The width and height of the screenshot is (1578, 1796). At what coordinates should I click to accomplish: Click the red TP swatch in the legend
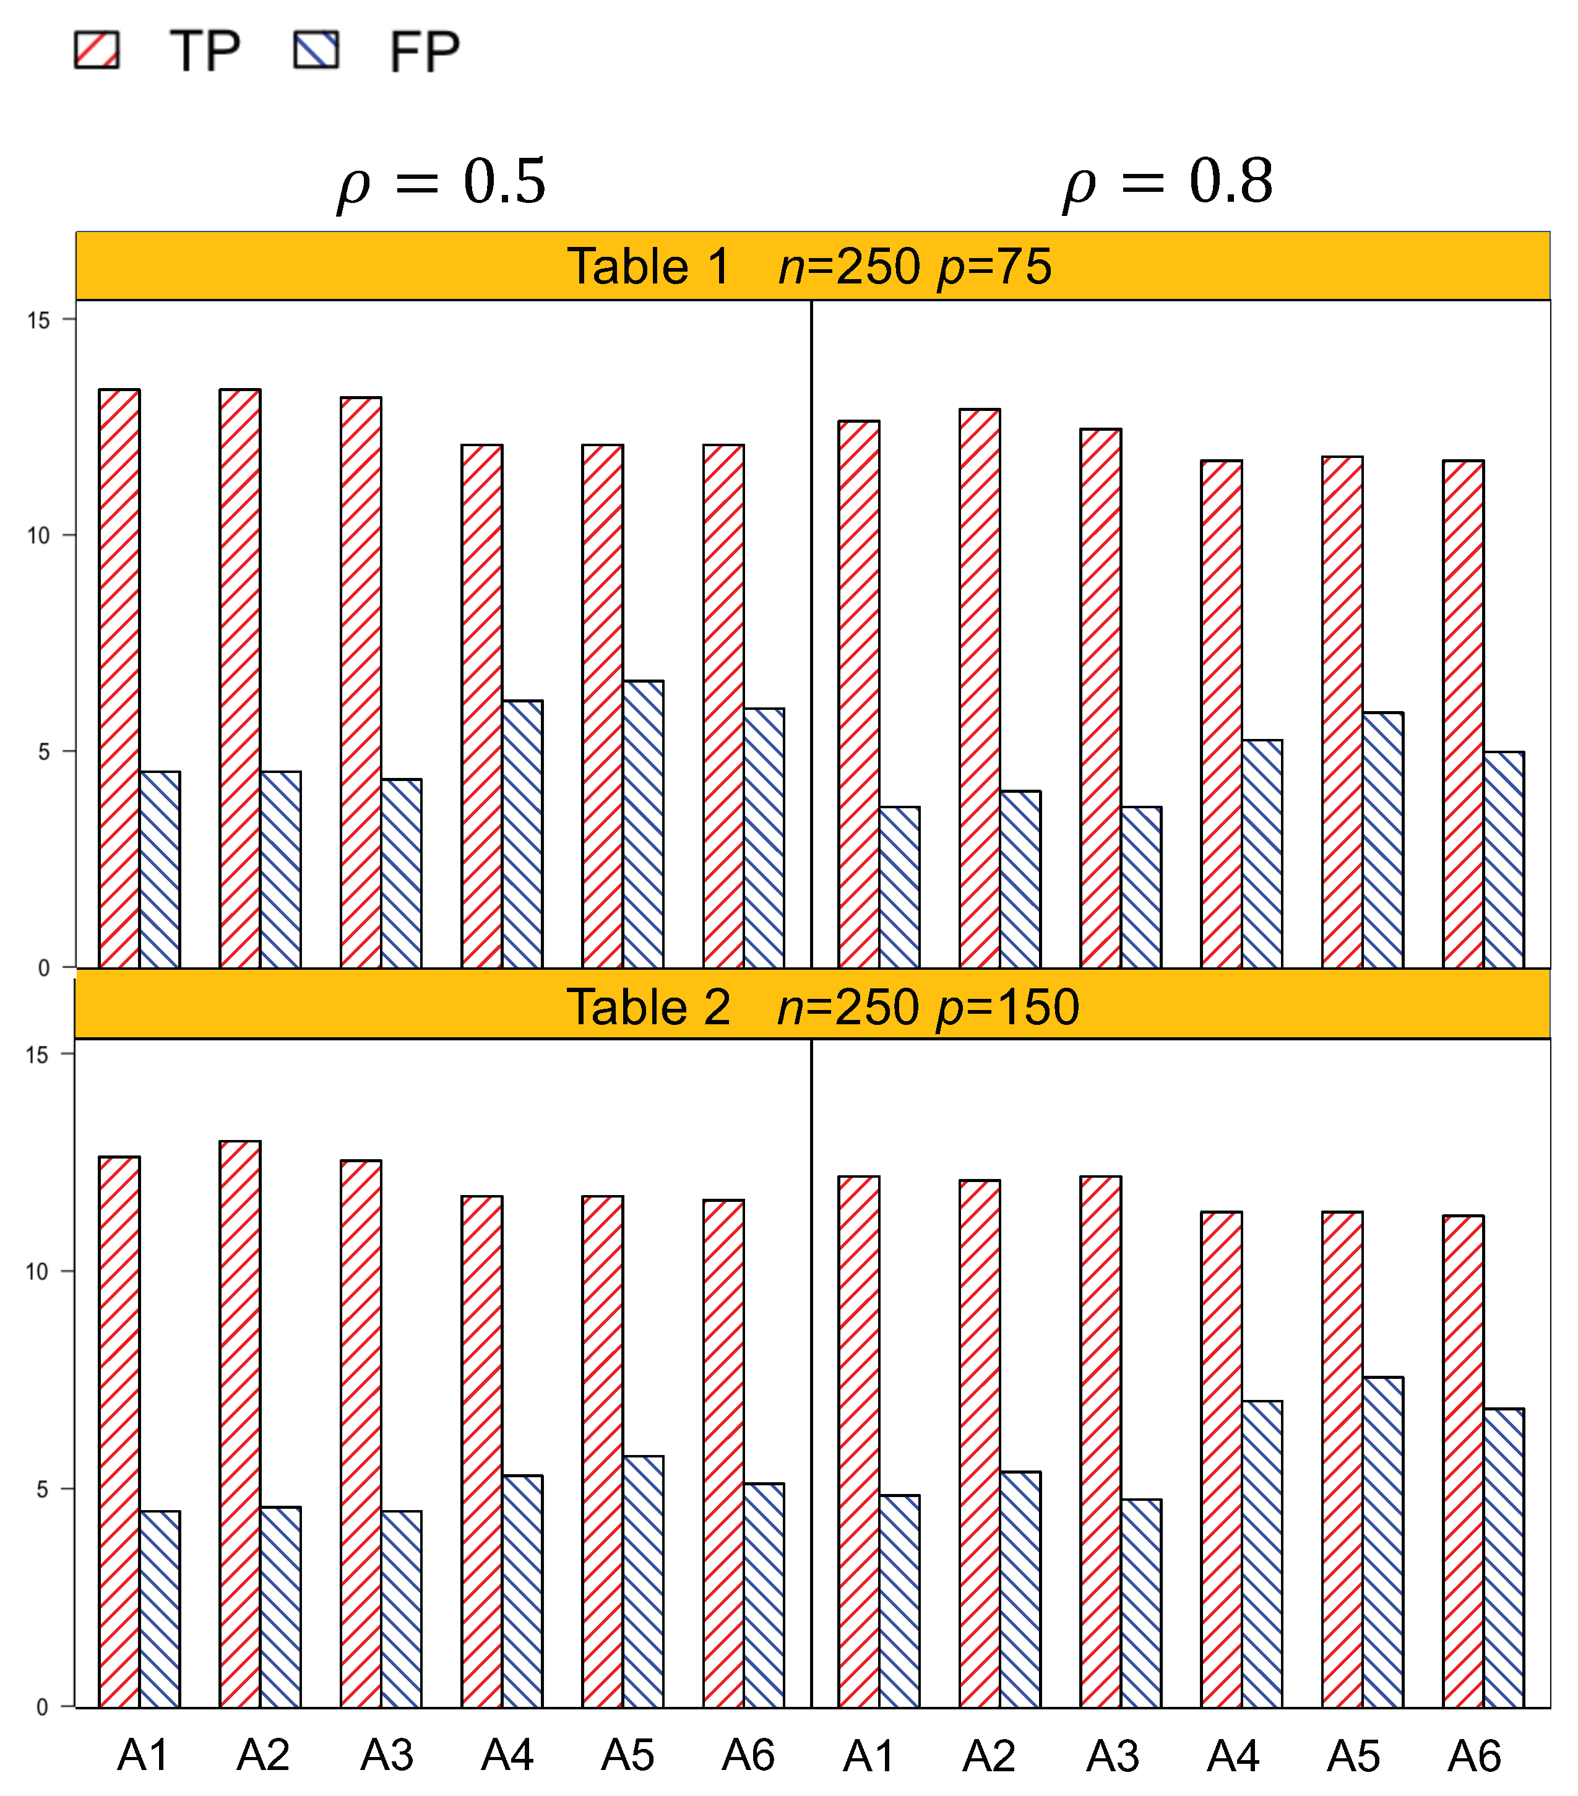tap(97, 50)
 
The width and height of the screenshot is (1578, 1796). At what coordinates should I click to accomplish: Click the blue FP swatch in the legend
tap(316, 50)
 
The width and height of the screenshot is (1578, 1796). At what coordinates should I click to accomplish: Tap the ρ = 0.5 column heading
tap(442, 182)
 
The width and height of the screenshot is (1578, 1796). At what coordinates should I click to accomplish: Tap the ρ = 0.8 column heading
tap(1168, 182)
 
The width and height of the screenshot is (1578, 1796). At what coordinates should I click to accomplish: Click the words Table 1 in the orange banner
tap(649, 266)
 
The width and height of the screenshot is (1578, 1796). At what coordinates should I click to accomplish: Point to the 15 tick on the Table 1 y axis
tap(38, 321)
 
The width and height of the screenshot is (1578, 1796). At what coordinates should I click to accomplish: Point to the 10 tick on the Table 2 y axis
tap(37, 1271)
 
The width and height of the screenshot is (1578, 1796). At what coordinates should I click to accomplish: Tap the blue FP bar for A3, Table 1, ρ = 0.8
tap(1141, 887)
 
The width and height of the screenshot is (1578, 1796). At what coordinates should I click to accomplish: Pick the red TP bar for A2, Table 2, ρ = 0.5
tap(240, 1423)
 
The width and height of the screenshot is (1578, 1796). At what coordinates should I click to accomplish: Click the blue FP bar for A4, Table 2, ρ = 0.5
tap(522, 1591)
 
